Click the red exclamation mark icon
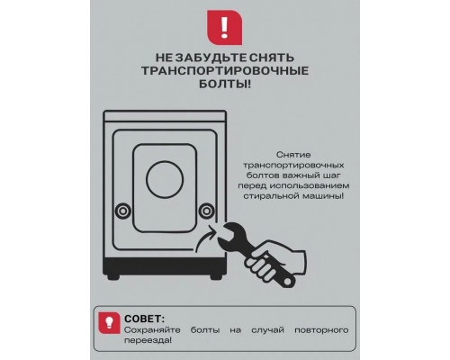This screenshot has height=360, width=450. (225, 27)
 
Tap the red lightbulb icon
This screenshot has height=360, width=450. (109, 322)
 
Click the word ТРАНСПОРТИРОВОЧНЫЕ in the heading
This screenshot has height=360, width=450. (225, 71)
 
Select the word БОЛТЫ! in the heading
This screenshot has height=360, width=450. (225, 85)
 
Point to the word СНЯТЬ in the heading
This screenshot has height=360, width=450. (272, 58)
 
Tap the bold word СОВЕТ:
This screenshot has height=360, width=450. (145, 319)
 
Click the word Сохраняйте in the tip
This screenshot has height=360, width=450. (152, 330)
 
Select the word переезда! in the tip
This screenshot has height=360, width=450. (148, 341)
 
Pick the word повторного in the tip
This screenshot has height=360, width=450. (321, 330)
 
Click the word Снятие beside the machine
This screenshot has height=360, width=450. (293, 155)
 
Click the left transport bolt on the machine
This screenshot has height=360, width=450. (123, 211)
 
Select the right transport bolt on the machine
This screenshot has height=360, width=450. (206, 211)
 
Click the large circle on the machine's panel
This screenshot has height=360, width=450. (165, 179)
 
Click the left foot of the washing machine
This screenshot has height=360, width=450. (113, 277)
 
